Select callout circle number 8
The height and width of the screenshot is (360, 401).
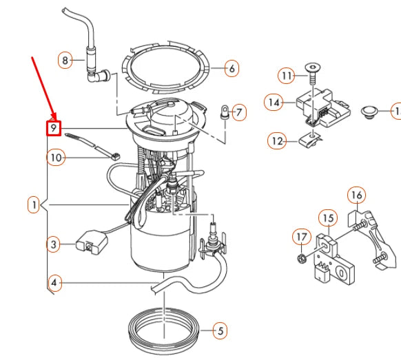(x=65, y=61)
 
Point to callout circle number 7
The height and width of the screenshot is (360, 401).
(x=238, y=112)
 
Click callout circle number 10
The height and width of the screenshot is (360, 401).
(x=56, y=158)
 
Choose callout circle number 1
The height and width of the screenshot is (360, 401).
(x=33, y=204)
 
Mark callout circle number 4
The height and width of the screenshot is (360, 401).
(x=55, y=281)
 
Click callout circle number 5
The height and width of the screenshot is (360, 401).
(x=219, y=331)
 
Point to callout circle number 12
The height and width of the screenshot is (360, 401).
(x=276, y=141)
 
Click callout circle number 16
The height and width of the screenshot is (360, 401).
(x=356, y=195)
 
